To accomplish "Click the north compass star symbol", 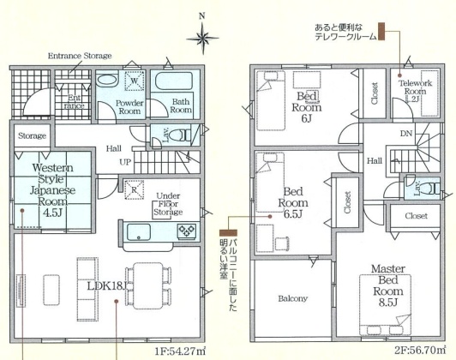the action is pos(202,38).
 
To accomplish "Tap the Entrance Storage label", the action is pos(80,56).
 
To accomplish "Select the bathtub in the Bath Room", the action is pos(174,81).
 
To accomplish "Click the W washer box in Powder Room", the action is pos(135,81).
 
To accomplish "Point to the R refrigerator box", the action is pos(134,189).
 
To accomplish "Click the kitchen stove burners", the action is pos(187,231).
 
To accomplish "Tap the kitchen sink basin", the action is pos(139,231).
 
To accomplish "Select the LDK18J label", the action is pos(107,286).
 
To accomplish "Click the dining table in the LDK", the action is pos(148,285).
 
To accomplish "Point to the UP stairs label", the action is pos(125,162).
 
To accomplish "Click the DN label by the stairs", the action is pos(406,134).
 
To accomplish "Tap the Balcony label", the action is pos(292,298).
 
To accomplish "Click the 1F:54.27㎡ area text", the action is pos(180,351).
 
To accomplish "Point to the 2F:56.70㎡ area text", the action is pos(420,351).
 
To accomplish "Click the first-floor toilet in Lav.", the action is pos(179,135).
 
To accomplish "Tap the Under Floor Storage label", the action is pos(168,204).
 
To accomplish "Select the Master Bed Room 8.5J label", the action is pos(388,285).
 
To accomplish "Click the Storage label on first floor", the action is pos(32,135).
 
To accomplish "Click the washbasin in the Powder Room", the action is pos(107,80).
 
